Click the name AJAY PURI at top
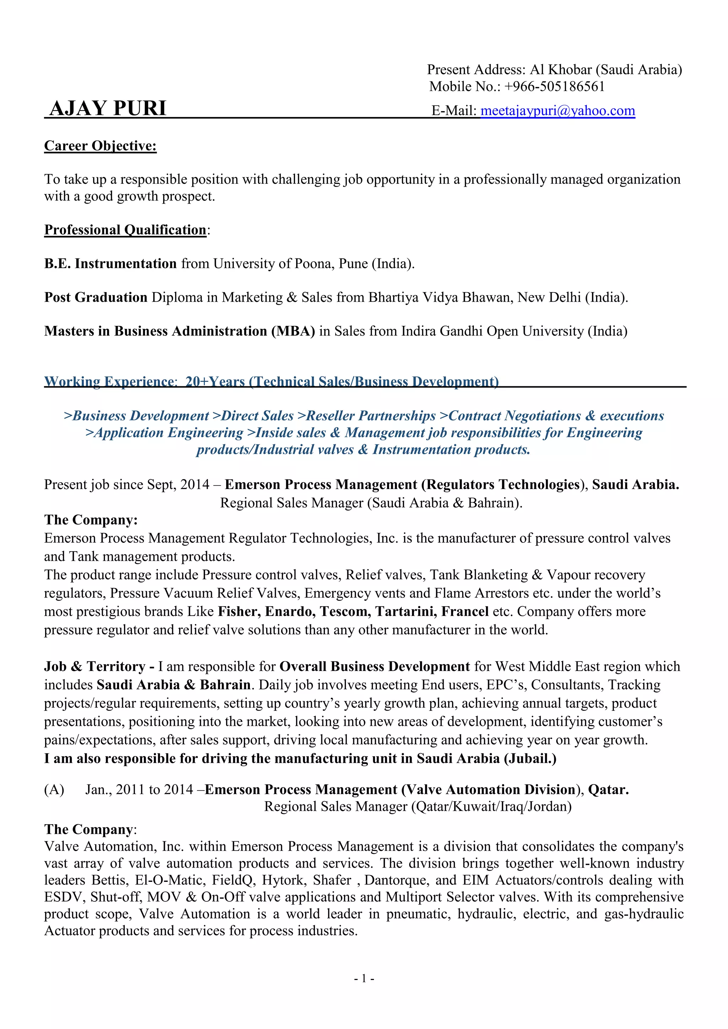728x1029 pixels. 108,108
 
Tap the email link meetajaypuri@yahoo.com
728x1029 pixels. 558,111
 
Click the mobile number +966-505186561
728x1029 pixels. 555,86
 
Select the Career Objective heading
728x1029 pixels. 100,146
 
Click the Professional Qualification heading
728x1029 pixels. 125,230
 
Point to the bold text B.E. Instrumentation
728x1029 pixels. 110,263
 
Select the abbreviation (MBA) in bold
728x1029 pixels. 293,331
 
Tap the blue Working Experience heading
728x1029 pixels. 271,381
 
